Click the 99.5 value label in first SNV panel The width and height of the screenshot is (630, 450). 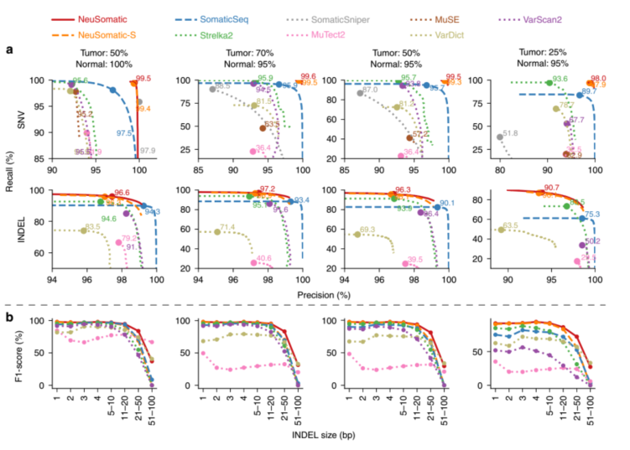[143, 79]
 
